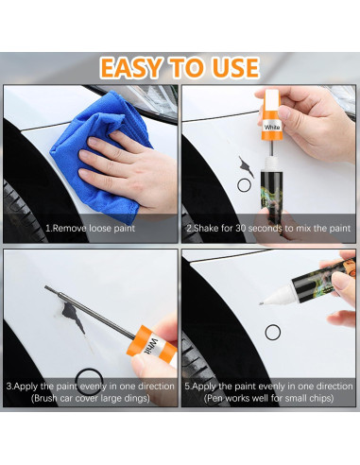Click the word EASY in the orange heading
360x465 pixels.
[130, 68]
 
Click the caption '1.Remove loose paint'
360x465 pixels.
[90, 228]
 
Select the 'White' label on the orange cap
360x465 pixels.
[272, 128]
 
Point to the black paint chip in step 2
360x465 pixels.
[246, 166]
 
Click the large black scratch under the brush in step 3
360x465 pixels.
[73, 317]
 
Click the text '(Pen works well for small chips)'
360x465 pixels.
[268, 398]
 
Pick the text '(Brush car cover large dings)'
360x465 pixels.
[91, 398]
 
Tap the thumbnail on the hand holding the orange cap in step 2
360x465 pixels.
[284, 112]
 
